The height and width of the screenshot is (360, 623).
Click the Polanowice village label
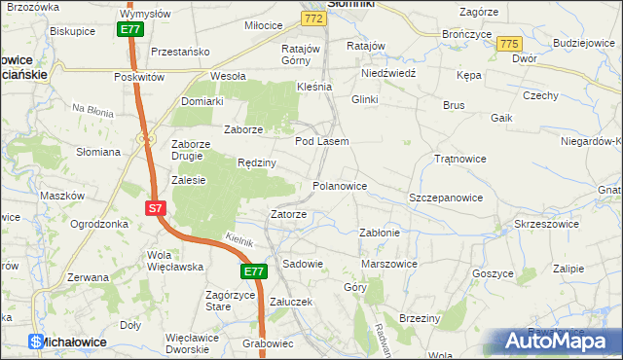click(339, 185)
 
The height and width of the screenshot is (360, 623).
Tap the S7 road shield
click(157, 208)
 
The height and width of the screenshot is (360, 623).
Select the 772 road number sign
click(312, 18)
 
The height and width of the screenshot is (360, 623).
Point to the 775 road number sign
click(508, 45)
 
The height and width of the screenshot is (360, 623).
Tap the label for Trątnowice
click(459, 158)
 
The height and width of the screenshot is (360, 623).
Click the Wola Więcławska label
click(173, 261)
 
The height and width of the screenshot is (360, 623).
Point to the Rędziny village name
click(258, 162)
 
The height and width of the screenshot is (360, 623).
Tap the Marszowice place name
click(389, 264)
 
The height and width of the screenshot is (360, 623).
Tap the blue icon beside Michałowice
click(36, 342)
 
